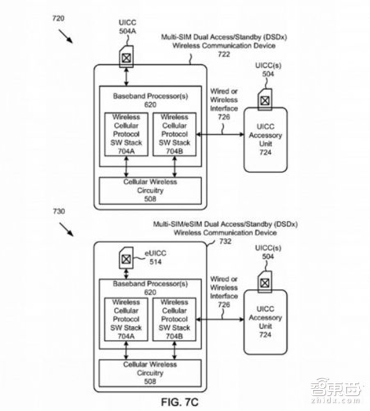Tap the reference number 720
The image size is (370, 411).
(x=58, y=18)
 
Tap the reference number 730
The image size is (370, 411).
(x=58, y=212)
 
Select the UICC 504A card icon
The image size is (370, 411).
(x=127, y=57)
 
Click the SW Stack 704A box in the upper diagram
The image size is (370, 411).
(x=127, y=134)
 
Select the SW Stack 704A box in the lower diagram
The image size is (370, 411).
(x=127, y=320)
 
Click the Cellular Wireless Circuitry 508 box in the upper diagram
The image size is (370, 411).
(x=151, y=190)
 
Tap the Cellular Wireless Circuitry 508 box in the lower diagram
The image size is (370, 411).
(x=151, y=374)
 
